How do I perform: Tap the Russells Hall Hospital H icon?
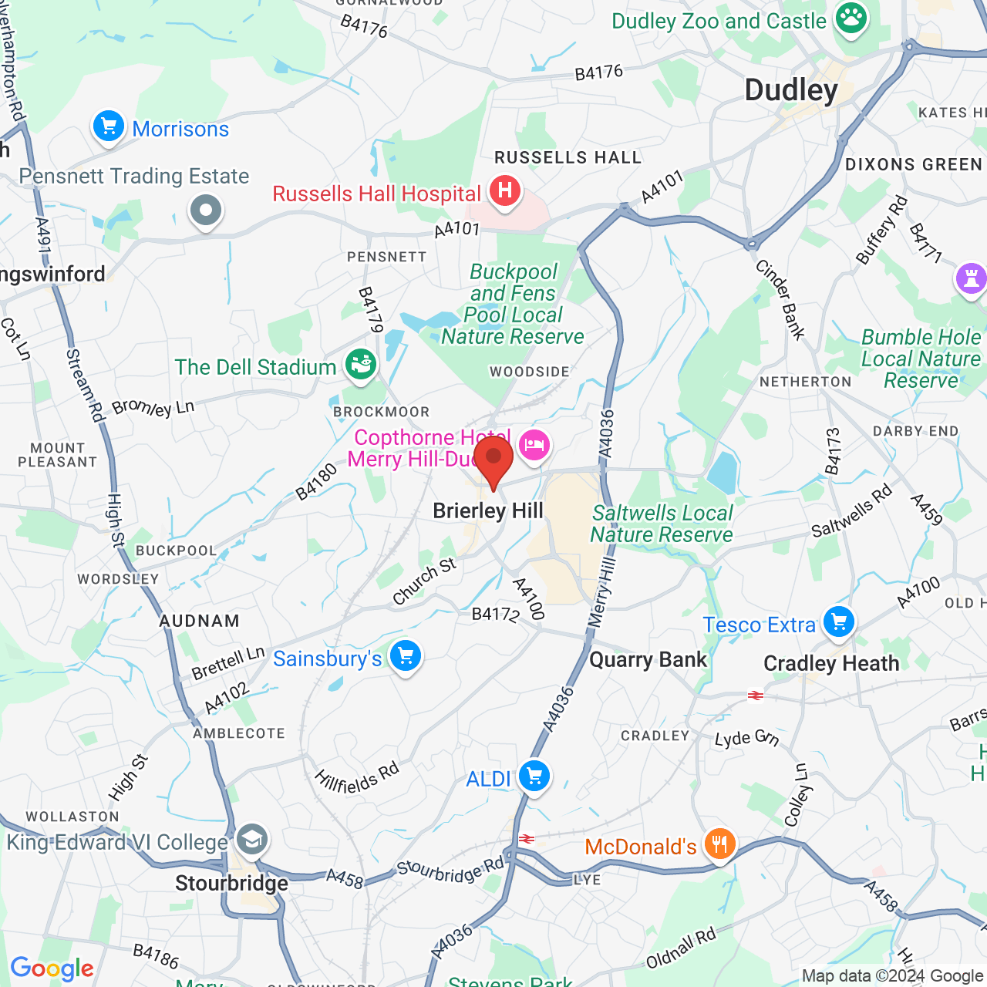pos(505,189)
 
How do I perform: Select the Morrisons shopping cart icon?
pos(109,126)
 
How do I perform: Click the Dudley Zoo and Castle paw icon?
pos(851,19)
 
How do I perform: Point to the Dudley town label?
pos(791,90)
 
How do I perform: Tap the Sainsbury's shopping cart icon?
pos(406,656)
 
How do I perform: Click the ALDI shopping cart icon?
pos(534,776)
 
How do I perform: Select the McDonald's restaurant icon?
pos(719,844)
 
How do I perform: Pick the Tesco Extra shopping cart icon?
pos(839,622)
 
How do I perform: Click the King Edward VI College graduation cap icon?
pos(251,839)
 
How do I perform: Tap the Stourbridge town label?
pos(231,883)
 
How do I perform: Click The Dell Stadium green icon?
pos(360,364)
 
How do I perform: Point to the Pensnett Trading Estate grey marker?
pos(206,210)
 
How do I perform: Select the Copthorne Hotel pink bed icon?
pos(534,445)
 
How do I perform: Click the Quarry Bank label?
pos(648,660)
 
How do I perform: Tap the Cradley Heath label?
pos(831,664)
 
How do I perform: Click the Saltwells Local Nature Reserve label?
pos(662,524)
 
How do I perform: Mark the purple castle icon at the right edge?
pos(971,277)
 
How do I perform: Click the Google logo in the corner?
pos(52,968)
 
